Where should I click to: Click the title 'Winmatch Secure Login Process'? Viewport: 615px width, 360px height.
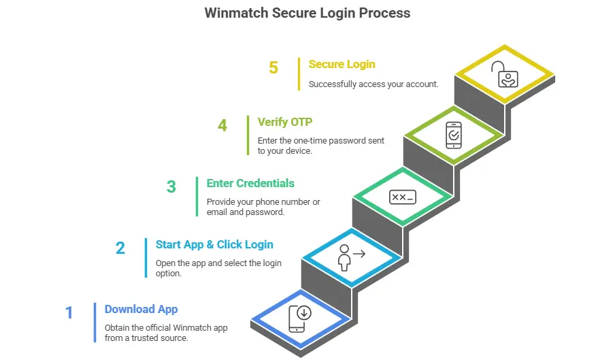[307, 13]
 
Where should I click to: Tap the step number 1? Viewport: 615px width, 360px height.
[69, 313]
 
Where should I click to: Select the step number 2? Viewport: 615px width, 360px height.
[120, 248]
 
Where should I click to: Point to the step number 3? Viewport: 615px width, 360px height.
[171, 186]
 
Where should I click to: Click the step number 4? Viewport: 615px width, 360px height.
[222, 126]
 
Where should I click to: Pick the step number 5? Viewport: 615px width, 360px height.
[273, 68]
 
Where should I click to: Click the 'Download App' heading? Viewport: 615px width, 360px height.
[141, 309]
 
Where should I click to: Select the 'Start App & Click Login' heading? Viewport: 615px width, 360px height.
[214, 244]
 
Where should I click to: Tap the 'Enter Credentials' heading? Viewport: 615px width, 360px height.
[250, 183]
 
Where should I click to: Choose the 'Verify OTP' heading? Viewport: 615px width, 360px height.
[284, 122]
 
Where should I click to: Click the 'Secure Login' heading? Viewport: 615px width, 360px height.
[342, 64]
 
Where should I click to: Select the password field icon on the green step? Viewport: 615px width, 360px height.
[402, 197]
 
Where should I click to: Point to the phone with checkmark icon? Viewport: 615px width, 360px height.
[453, 134]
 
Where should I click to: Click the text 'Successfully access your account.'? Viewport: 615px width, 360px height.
[373, 84]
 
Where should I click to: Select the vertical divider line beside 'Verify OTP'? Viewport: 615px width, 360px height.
[248, 135]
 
